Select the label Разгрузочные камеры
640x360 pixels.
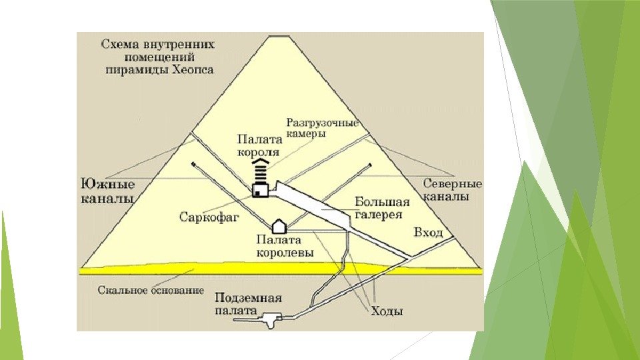322,128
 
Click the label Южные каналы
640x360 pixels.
107,191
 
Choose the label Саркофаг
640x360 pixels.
209,217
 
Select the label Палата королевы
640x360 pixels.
279,246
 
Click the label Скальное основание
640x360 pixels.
151,291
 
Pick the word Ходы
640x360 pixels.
388,311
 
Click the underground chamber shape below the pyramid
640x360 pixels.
271,319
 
